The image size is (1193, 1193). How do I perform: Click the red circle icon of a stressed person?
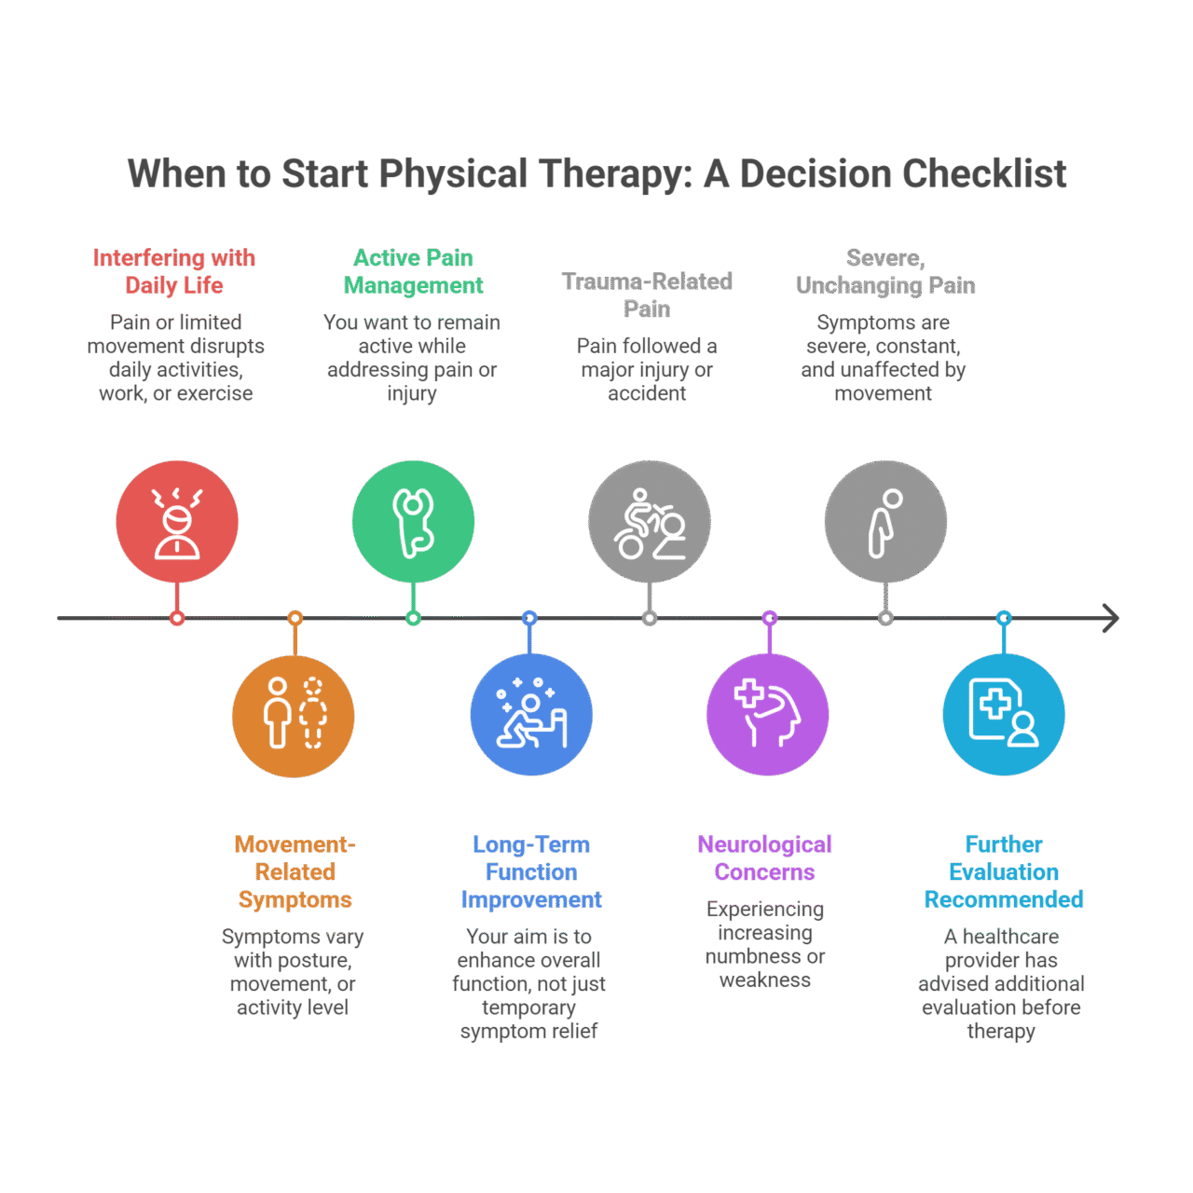177,521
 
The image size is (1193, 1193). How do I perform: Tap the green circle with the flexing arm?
413,521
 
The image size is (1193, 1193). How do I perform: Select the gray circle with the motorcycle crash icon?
650,521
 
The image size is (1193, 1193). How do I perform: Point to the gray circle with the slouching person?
885,521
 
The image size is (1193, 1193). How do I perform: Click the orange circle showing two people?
294,716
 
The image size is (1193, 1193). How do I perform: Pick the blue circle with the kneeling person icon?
531,715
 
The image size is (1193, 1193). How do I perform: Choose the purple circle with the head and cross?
768,715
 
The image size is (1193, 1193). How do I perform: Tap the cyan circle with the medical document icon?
1004,715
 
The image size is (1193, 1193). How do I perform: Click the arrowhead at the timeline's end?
1110,618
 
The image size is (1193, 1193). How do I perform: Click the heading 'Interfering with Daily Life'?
174,271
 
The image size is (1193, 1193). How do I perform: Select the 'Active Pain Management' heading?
413,271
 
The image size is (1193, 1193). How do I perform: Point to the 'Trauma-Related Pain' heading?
647,295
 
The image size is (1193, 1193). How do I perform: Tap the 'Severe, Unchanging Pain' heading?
885,271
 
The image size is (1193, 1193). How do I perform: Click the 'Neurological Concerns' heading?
765,857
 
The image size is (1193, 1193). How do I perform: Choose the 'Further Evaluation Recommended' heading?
1004,871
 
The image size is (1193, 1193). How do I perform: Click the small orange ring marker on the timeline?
295,618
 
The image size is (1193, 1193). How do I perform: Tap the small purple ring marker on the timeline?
769,618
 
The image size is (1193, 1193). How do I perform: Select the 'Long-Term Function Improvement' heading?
531,871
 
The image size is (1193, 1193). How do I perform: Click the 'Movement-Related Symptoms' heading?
295,871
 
